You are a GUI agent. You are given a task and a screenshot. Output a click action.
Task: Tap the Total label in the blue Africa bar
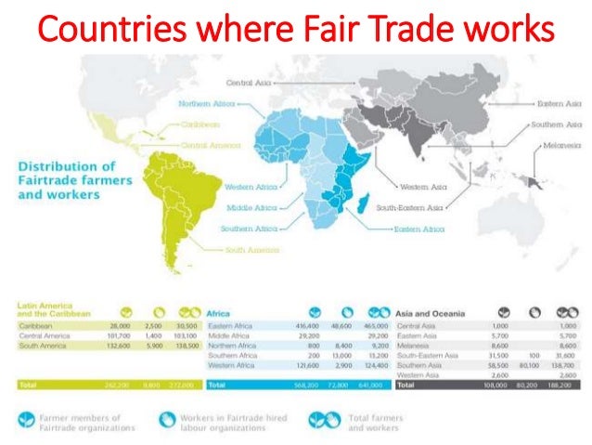click(217, 383)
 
